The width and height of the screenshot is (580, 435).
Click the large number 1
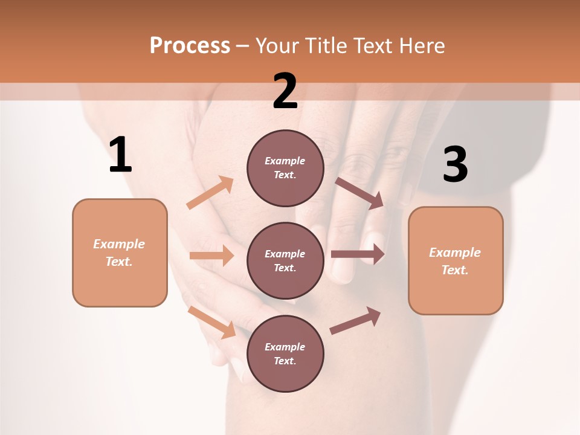120,155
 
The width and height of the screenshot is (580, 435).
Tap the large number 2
285,91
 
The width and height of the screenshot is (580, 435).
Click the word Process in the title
190,45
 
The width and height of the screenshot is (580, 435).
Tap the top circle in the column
285,168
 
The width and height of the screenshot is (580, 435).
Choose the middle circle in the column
285,261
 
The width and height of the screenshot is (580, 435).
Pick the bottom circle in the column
285,354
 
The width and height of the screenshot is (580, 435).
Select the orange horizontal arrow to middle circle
211,256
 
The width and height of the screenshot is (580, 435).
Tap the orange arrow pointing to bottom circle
212,322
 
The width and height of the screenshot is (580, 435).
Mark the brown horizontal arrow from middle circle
358,254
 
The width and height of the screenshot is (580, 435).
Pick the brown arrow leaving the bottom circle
355,321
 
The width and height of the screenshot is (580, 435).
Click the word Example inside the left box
119,244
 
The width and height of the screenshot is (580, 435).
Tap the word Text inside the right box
454,270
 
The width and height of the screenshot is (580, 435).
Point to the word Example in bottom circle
285,347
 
